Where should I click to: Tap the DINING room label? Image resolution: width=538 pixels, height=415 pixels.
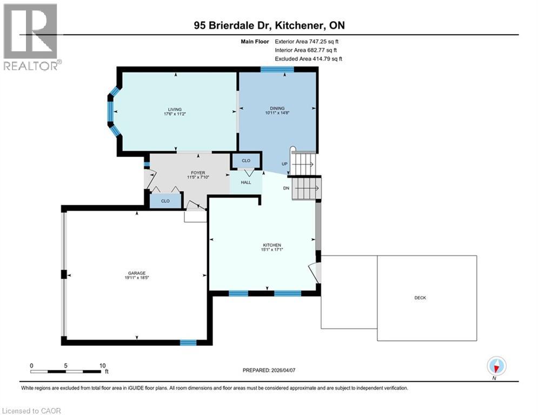(277, 108)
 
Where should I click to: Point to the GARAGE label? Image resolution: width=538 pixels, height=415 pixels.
(137, 273)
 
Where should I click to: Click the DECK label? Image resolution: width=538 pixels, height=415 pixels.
(420, 298)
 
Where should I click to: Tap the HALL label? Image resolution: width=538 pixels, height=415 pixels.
(246, 183)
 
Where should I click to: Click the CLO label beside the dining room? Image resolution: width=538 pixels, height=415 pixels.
(246, 160)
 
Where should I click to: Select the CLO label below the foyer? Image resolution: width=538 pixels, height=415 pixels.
(165, 200)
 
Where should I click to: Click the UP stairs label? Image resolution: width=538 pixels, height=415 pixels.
(284, 164)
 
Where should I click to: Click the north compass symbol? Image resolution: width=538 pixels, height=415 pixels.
(496, 366)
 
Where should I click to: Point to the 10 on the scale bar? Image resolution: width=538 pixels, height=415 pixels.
(102, 365)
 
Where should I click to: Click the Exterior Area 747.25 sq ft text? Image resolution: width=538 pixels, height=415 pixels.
(307, 41)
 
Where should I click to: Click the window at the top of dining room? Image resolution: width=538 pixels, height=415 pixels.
(277, 69)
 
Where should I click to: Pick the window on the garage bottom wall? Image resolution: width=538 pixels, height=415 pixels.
(188, 342)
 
